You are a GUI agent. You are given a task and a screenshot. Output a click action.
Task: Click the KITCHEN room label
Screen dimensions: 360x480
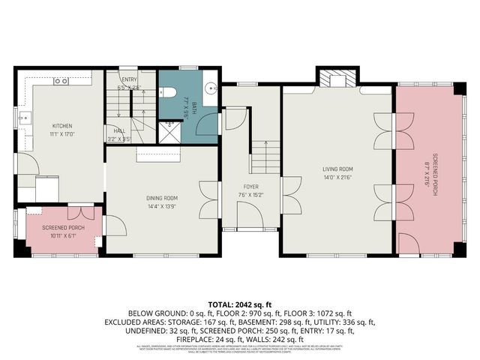click(x=61, y=126)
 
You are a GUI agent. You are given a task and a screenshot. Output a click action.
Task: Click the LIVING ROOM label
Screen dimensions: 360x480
click(x=338, y=169)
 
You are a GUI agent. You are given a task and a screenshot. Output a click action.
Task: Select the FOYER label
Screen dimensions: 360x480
click(x=250, y=186)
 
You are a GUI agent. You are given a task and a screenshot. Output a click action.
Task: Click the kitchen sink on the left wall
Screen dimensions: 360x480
click(x=25, y=118)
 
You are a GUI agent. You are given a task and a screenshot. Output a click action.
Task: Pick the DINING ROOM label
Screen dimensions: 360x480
click(x=161, y=198)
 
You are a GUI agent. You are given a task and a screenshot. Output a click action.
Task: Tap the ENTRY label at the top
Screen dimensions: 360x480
click(x=128, y=79)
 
